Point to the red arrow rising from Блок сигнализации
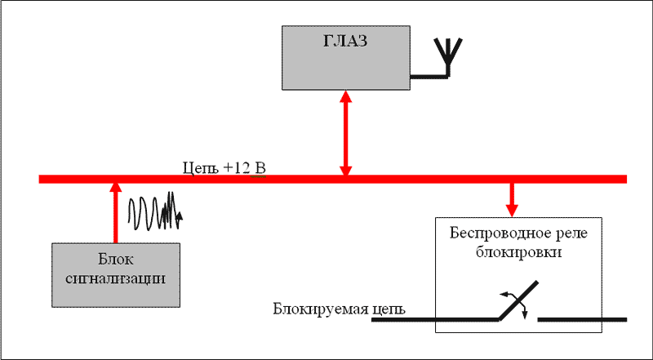pyautogui.click(x=115, y=212)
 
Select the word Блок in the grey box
pyautogui.click(x=114, y=261)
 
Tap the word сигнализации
pyautogui.click(x=114, y=278)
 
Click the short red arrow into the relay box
pyautogui.click(x=513, y=196)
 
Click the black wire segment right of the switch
pyautogui.click(x=581, y=318)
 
